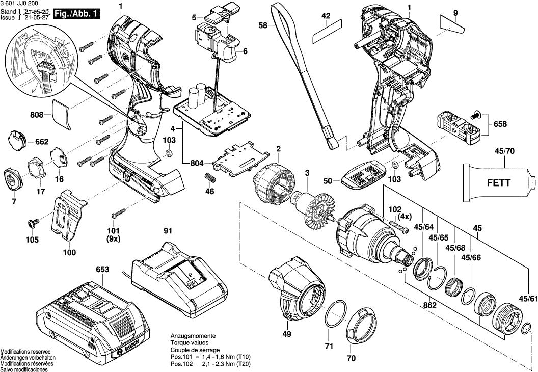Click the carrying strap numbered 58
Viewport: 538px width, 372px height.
(308, 75)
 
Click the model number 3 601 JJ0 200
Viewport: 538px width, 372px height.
(19, 4)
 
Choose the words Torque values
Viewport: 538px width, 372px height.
(190, 343)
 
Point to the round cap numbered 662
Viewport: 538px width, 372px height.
(16, 140)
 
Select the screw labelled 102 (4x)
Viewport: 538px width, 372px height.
(398, 226)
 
